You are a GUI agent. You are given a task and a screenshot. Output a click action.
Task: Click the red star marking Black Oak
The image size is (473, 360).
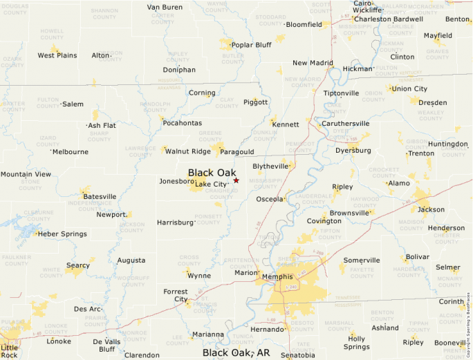236,180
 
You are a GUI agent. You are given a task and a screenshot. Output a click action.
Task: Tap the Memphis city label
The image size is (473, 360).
277,277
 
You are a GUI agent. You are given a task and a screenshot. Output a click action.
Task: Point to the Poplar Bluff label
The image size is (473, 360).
251,45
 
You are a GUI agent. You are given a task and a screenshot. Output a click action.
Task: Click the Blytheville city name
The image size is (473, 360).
270,167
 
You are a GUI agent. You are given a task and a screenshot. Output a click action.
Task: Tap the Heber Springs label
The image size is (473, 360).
62,234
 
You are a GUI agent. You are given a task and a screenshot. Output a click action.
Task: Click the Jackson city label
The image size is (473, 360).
432,209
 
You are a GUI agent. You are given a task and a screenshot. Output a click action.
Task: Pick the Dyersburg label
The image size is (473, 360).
353,150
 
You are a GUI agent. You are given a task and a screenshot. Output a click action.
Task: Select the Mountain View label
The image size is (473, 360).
26,174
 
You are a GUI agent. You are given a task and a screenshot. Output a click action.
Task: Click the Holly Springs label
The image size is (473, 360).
357,343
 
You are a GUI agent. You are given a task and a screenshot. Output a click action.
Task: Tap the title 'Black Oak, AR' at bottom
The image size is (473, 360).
236,352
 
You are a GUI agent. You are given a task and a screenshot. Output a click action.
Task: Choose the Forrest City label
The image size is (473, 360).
176,295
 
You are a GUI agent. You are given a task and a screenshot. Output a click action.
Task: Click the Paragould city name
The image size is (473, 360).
239,151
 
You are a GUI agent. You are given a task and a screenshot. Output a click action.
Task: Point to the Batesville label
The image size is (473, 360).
100,196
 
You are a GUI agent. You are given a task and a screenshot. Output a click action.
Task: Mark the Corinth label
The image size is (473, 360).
452,301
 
